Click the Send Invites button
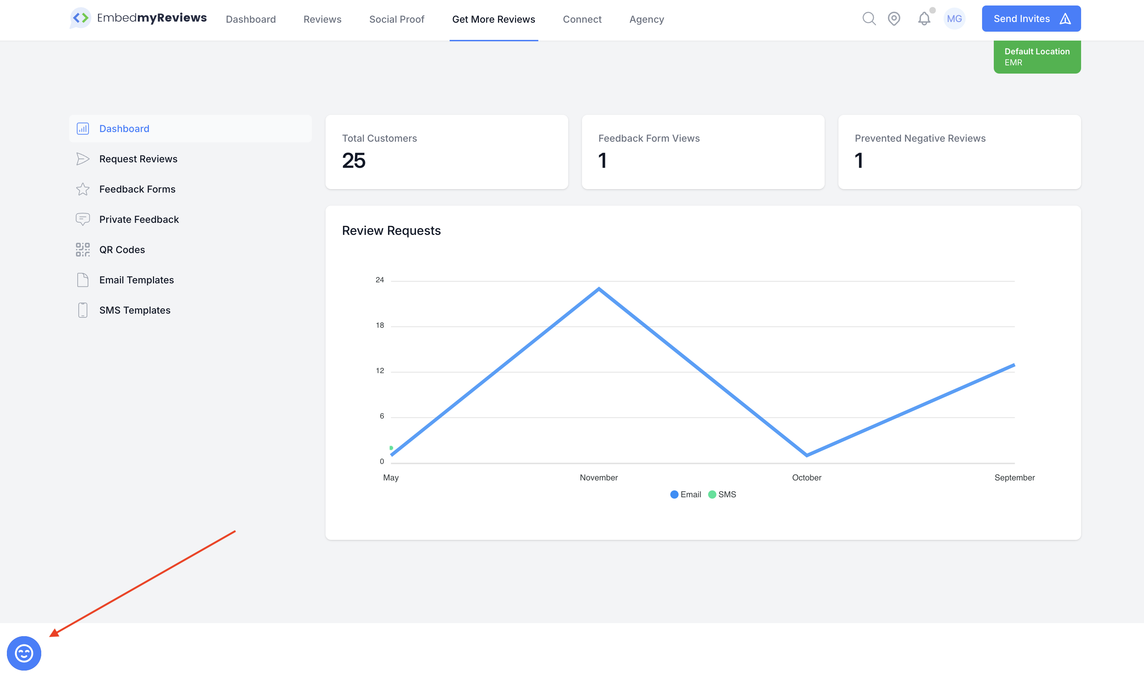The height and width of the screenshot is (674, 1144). pyautogui.click(x=1031, y=19)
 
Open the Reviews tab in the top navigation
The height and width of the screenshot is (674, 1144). pyautogui.click(x=322, y=19)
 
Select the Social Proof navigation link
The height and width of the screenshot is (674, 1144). pyautogui.click(x=396, y=19)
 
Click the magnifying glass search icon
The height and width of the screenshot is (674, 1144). pyautogui.click(x=869, y=19)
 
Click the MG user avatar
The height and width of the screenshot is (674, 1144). pyautogui.click(x=954, y=19)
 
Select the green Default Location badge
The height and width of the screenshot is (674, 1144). pyautogui.click(x=1037, y=57)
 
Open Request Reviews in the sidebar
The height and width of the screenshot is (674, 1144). pyautogui.click(x=138, y=159)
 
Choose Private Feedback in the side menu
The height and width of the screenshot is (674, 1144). pyautogui.click(x=139, y=219)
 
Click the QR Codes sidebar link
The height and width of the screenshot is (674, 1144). pyautogui.click(x=122, y=250)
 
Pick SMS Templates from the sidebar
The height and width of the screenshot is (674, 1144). pyautogui.click(x=135, y=310)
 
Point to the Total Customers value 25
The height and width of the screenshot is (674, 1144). pyautogui.click(x=354, y=160)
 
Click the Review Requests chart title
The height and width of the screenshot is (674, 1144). pyautogui.click(x=391, y=231)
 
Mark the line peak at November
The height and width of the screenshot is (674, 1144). pyautogui.click(x=599, y=289)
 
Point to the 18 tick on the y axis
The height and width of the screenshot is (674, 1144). pyautogui.click(x=380, y=325)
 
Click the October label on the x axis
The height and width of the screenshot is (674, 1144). pyautogui.click(x=807, y=477)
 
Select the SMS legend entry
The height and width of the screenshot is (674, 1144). pyautogui.click(x=722, y=494)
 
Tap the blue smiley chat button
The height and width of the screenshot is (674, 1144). pyautogui.click(x=24, y=653)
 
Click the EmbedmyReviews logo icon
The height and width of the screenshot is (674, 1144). pyautogui.click(x=81, y=18)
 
